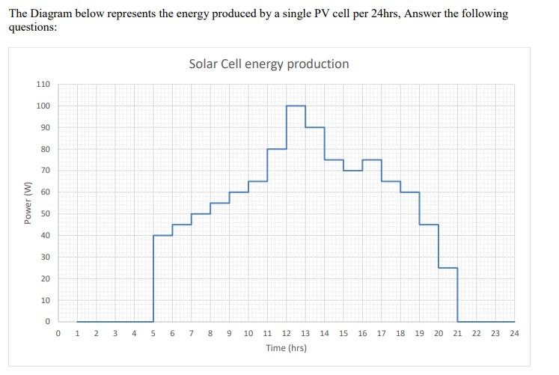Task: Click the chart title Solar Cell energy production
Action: pyautogui.click(x=269, y=64)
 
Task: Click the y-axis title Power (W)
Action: pyautogui.click(x=28, y=203)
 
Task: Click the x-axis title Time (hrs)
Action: pyautogui.click(x=286, y=348)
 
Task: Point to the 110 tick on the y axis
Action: pyautogui.click(x=43, y=84)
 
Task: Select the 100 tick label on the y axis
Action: pyautogui.click(x=43, y=106)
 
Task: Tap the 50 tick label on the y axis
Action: pyautogui.click(x=45, y=214)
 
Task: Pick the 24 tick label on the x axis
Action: pyautogui.click(x=514, y=333)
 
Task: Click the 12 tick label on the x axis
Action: pyautogui.click(x=286, y=333)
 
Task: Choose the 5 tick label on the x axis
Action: pyautogui.click(x=153, y=333)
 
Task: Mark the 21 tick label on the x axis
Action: pyautogui.click(x=457, y=333)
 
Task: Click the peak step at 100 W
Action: pyautogui.click(x=296, y=106)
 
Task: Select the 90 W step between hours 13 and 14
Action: pyautogui.click(x=315, y=127)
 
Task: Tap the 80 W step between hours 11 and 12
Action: pyautogui.click(x=277, y=149)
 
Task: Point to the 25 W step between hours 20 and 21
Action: pyautogui.click(x=448, y=268)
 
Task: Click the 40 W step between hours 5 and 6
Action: pyautogui.click(x=163, y=236)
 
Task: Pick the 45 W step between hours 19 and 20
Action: pyautogui.click(x=429, y=225)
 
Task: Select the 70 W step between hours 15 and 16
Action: pyautogui.click(x=353, y=171)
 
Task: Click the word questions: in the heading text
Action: pyautogui.click(x=33, y=27)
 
